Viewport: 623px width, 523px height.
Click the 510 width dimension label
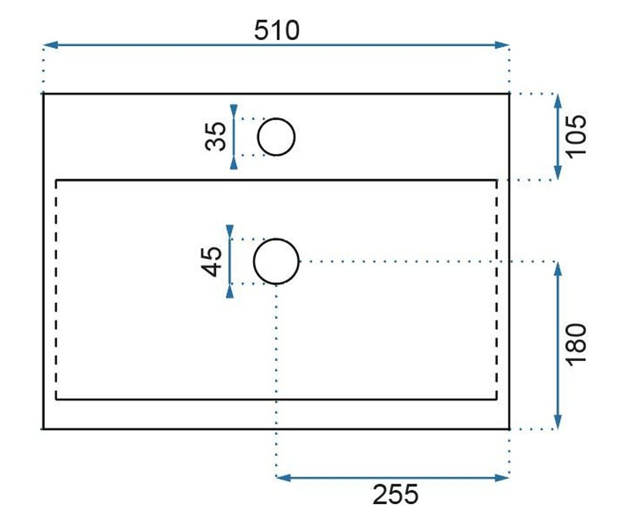pos(277,30)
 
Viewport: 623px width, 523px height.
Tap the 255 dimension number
pos(395,494)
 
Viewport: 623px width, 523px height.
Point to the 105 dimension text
pos(576,136)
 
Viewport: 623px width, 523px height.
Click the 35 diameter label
pos(216,137)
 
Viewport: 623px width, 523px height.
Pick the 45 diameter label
pos(212,261)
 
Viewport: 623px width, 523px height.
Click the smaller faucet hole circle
pos(294,137)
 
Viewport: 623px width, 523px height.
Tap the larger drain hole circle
pos(298,261)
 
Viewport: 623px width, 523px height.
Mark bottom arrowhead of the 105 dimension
pos(558,173)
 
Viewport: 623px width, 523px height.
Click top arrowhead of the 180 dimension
pos(558,269)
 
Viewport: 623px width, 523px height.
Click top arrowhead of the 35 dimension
pos(234,111)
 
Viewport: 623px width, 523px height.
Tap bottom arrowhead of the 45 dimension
pos(229,291)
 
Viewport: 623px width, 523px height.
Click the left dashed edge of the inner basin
pos(56,290)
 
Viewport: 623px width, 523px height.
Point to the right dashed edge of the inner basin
pos(496,290)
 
